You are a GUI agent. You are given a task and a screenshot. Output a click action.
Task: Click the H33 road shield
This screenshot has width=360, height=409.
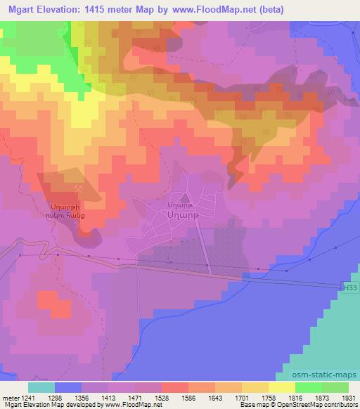point(349,287)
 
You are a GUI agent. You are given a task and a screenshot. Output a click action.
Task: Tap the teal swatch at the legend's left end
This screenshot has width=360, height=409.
point(41,387)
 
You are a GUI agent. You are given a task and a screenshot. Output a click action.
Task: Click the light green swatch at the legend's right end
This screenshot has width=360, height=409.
point(335,387)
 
